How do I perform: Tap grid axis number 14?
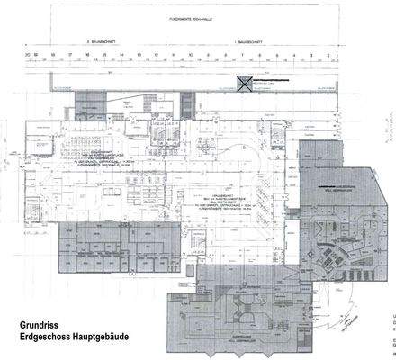click(122, 55)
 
